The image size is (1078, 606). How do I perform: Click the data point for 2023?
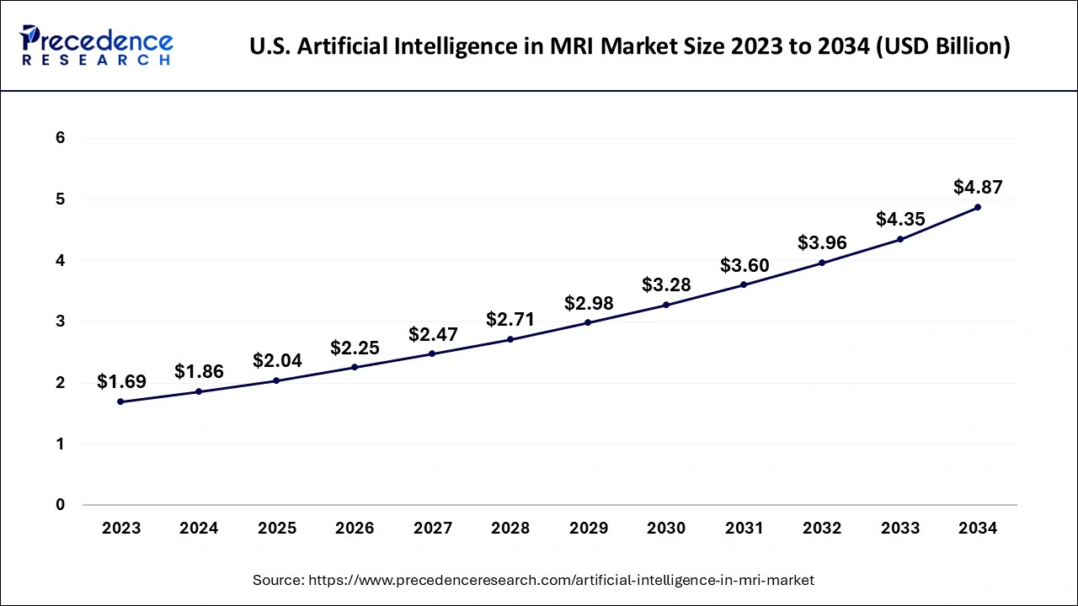(121, 401)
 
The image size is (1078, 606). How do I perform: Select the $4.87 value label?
(978, 187)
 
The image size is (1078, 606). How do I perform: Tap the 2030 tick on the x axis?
(666, 529)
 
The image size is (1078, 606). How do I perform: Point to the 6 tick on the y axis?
(60, 138)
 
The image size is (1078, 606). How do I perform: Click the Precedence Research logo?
(97, 45)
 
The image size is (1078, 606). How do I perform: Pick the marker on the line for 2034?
(978, 207)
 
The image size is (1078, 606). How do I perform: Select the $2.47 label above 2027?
(433, 334)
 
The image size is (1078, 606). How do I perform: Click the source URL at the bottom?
(533, 580)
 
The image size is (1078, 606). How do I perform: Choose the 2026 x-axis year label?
(355, 529)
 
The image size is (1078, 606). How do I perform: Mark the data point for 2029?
(588, 322)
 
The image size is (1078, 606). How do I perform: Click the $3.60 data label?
(744, 266)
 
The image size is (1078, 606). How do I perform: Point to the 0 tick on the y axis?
(60, 505)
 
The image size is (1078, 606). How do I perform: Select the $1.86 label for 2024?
(199, 372)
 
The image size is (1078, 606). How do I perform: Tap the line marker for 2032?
(822, 263)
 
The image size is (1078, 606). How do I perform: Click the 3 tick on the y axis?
(60, 322)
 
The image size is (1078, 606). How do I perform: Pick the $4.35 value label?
(900, 220)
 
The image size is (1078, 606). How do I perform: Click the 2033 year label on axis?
(900, 529)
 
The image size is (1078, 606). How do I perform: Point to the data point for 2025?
(277, 380)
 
